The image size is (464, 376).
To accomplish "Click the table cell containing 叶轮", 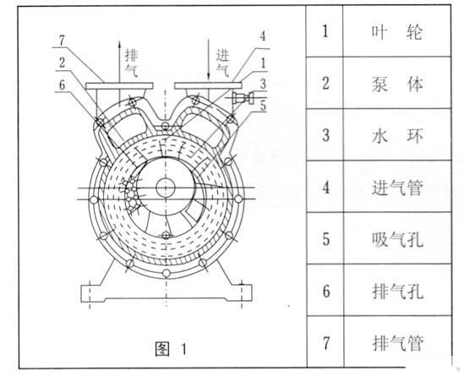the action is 397,31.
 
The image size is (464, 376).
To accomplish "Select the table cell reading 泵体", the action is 397,83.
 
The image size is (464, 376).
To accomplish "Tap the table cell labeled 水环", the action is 397,135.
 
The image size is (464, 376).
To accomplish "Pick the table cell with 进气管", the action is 397,187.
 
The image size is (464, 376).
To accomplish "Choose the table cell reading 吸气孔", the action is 397,238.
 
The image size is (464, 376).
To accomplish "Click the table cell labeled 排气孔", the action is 397,290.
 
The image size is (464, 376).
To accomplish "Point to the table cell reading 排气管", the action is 397,341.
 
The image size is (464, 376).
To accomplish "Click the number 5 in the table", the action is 325,238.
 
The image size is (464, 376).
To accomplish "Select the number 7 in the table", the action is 325,343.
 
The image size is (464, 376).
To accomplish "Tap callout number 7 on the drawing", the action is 62,41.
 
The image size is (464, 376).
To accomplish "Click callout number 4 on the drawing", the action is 263,36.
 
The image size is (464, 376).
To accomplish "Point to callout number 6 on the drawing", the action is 62,84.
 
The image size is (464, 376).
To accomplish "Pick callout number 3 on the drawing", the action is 263,84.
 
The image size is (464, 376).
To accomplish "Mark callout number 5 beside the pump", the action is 263,106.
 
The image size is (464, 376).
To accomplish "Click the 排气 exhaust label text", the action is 131,63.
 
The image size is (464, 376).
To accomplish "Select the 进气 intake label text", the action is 222,63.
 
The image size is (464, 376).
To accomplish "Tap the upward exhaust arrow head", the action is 119,44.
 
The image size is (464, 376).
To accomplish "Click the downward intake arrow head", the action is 208,76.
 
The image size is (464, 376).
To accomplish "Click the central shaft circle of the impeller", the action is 166,188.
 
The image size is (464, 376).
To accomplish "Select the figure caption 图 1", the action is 171,349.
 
